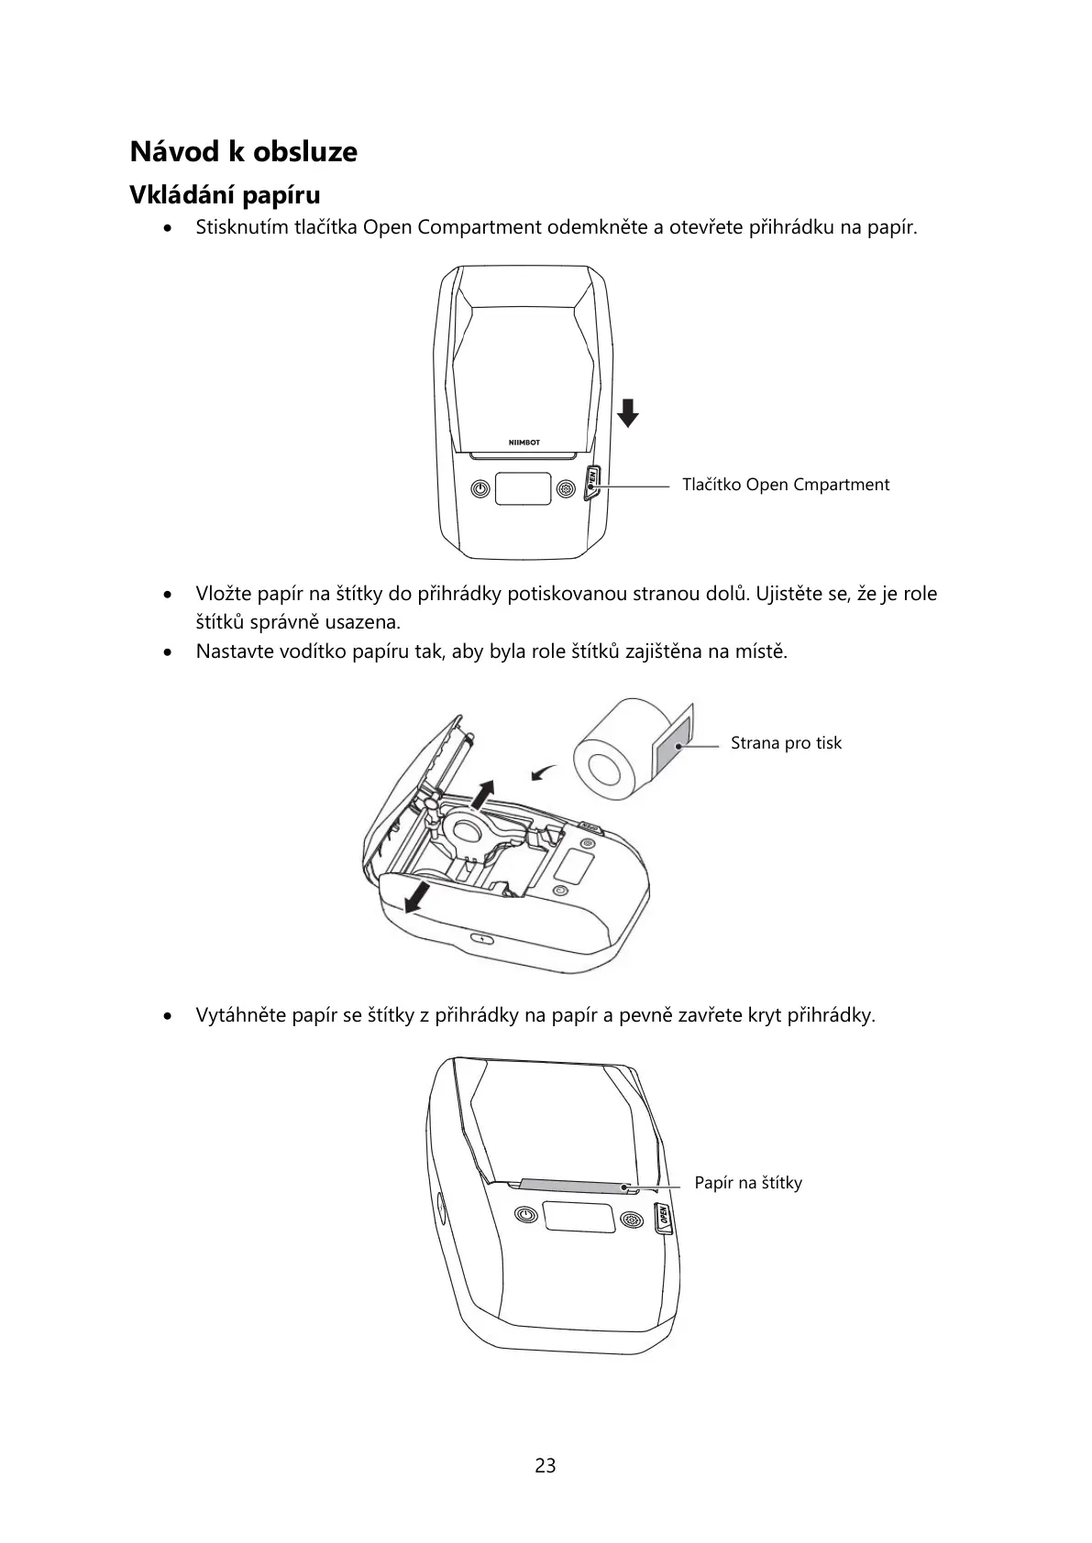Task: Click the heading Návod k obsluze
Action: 243,151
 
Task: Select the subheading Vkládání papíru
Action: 225,195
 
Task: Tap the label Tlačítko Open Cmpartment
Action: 785,485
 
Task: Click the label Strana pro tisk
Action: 785,743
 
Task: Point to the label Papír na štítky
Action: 747,1183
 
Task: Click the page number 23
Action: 546,1465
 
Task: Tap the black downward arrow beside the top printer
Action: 627,413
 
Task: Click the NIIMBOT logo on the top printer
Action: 524,443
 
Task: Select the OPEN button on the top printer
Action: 592,479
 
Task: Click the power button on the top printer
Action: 480,489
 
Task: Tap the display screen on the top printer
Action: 524,488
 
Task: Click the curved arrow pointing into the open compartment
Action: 544,774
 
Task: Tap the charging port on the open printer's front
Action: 482,939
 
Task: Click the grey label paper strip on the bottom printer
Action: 575,1187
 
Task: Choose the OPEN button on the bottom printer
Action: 662,1217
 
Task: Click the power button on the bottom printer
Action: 524,1216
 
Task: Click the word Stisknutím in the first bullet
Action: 241,227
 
